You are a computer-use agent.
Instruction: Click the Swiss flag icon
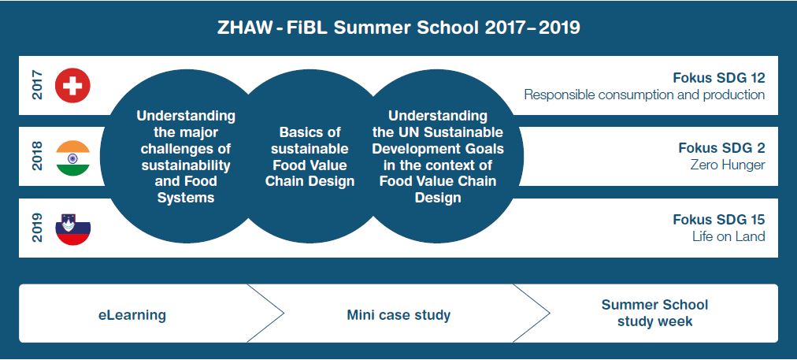[72, 85]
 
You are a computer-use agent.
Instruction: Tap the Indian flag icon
[72, 158]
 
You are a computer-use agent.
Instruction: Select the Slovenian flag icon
[72, 229]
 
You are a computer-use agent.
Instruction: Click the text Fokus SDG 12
[719, 78]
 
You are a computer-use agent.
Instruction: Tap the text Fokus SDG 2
[721, 148]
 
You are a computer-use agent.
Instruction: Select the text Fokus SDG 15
[719, 220]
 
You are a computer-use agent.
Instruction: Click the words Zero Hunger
[728, 165]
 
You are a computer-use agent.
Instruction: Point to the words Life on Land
[728, 236]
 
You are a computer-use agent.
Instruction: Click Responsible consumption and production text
[644, 95]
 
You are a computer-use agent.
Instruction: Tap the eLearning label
[132, 315]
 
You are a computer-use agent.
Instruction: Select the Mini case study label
[398, 315]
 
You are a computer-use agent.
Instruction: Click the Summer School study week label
[654, 314]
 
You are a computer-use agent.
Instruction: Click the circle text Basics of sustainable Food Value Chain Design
[310, 157]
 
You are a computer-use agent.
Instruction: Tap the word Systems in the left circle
[186, 198]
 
